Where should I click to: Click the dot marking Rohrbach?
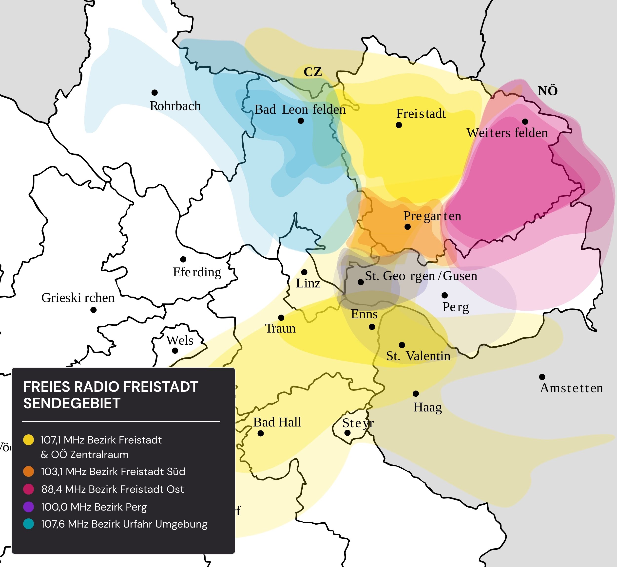pyautogui.click(x=155, y=92)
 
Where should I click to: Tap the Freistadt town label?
pyautogui.click(x=421, y=114)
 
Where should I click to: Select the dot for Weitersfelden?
pyautogui.click(x=525, y=122)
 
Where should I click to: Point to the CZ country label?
pyautogui.click(x=313, y=72)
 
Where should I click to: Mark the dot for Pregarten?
pyautogui.click(x=407, y=227)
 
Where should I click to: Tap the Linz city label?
pyautogui.click(x=308, y=283)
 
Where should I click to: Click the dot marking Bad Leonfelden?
pyautogui.click(x=301, y=121)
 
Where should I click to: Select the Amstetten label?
pyautogui.click(x=571, y=388)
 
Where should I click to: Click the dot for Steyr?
pyautogui.click(x=347, y=433)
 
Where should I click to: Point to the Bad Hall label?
pyautogui.click(x=277, y=423)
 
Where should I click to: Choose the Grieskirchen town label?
pyautogui.click(x=78, y=298)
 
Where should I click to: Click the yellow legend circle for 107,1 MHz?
pyautogui.click(x=29, y=440)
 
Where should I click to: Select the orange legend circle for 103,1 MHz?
pyautogui.click(x=29, y=471)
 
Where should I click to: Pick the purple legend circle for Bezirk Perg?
pyautogui.click(x=29, y=507)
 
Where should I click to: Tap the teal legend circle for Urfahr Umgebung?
pyautogui.click(x=29, y=524)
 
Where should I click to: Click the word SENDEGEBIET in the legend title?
pyautogui.click(x=72, y=403)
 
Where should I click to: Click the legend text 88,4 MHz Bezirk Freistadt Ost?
pyautogui.click(x=112, y=489)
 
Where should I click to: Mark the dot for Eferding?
pyautogui.click(x=183, y=259)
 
